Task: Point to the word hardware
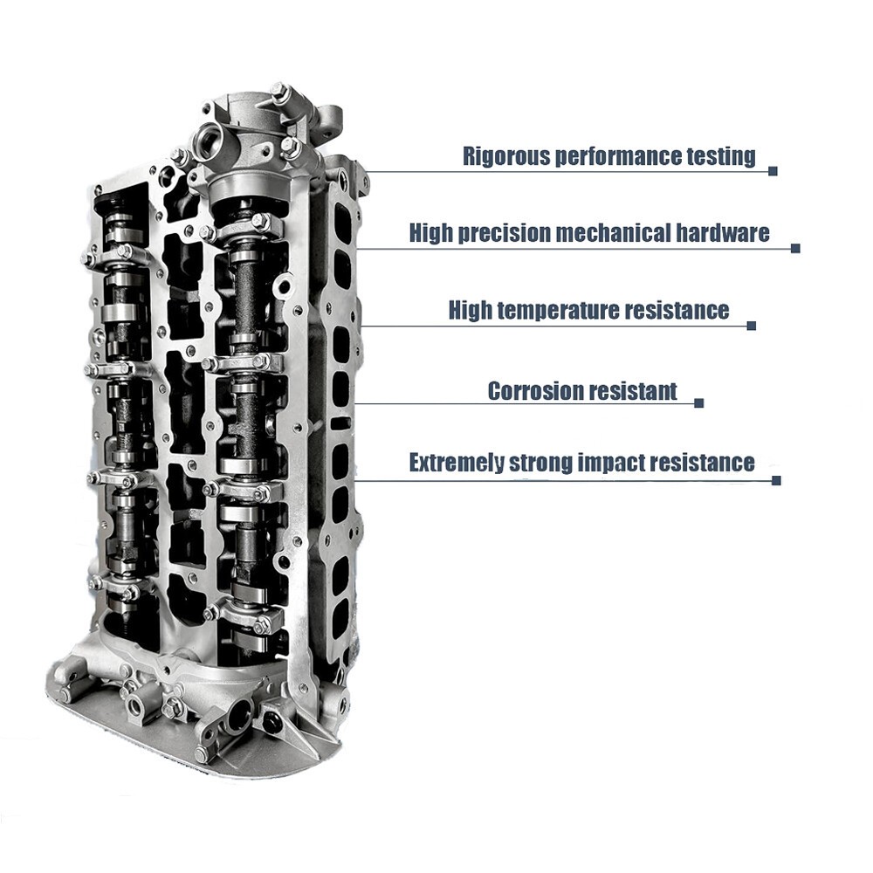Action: tap(723, 233)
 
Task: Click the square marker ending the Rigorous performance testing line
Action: tap(773, 171)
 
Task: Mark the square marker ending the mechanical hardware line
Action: tap(795, 248)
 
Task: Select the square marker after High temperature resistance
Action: tap(751, 326)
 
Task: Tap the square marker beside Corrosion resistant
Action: tap(699, 403)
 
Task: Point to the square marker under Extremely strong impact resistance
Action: tap(776, 480)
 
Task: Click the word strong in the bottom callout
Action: tap(541, 464)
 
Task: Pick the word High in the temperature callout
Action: tap(470, 310)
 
